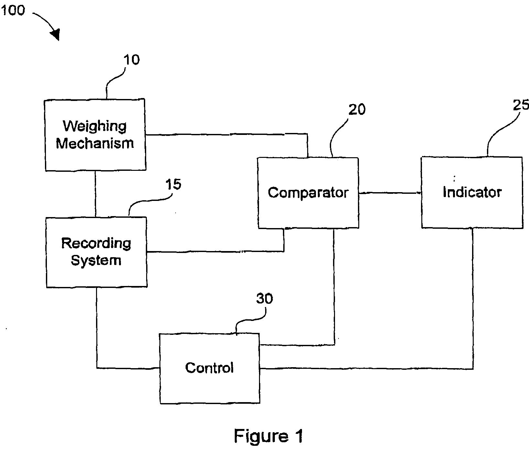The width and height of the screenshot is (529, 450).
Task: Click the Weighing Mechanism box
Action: pyautogui.click(x=95, y=135)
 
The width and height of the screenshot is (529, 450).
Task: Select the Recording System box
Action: pyautogui.click(x=96, y=252)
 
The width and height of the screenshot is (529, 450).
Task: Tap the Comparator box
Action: pyautogui.click(x=308, y=193)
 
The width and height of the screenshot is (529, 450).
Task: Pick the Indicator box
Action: pyautogui.click(x=472, y=192)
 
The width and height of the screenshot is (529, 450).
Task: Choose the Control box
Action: pyautogui.click(x=210, y=368)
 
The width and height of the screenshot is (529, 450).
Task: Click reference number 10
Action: pyautogui.click(x=132, y=60)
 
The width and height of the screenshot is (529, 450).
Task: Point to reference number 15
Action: pyautogui.click(x=173, y=184)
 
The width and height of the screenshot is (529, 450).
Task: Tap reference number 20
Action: pyautogui.click(x=357, y=109)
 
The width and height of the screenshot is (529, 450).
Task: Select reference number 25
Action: pyautogui.click(x=521, y=105)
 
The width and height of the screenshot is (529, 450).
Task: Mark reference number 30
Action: pyautogui.click(x=264, y=299)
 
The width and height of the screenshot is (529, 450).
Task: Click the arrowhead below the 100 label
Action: pyautogui.click(x=56, y=34)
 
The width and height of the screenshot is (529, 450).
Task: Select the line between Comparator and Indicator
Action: pyautogui.click(x=390, y=193)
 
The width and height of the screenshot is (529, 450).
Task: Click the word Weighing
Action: pyautogui.click(x=94, y=126)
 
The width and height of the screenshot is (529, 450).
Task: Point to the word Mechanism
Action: pyautogui.click(x=95, y=143)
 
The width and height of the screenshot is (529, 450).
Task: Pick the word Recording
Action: pyautogui.click(x=96, y=243)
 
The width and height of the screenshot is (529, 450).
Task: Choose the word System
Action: pyautogui.click(x=96, y=260)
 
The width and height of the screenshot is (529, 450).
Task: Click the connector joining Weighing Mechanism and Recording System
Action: pyautogui.click(x=95, y=194)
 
